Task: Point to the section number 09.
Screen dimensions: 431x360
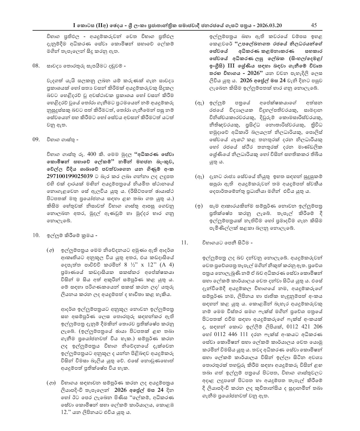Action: pyautogui.click(x=36, y=139)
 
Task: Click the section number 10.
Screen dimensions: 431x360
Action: pyautogui.click(x=36, y=235)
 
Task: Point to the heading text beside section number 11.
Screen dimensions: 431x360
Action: pyautogui.click(x=226, y=242)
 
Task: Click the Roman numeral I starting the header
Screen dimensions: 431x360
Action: pyautogui.click(x=74, y=25)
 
